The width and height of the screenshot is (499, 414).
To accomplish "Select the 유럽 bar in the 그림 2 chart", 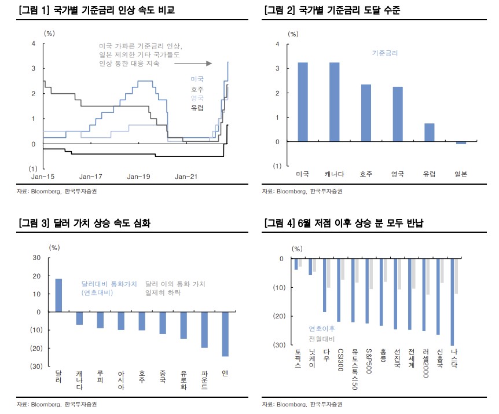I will (429, 133).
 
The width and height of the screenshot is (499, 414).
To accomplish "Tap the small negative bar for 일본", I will (461, 143).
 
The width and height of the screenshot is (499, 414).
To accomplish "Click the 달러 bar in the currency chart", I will (58, 295).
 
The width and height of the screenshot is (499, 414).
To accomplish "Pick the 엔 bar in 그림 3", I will (225, 334).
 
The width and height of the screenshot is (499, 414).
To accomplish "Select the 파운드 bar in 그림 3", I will (204, 329).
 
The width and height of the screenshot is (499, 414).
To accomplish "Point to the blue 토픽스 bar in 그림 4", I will (296, 264).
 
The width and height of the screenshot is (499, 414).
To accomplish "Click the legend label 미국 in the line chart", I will (197, 79).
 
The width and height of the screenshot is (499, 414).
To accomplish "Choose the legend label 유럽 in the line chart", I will (197, 108).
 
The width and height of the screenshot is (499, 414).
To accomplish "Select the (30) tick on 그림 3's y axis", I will (35, 367).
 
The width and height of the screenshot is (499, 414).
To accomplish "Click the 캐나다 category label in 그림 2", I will (334, 174).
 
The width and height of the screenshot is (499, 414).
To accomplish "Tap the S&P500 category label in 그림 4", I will (368, 362).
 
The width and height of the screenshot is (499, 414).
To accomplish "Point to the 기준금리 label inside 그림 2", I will (384, 53).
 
